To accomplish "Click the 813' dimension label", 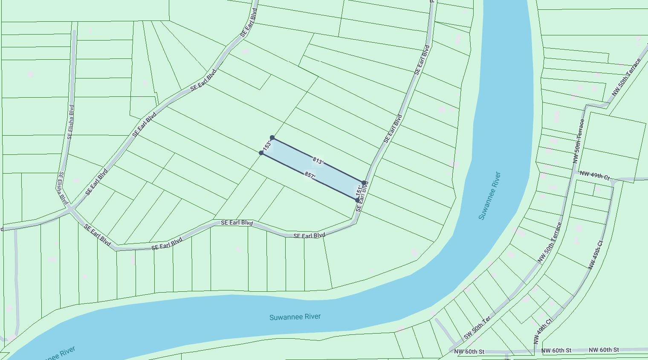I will pyautogui.click(x=318, y=161).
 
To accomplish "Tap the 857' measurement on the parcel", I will pyautogui.click(x=310, y=175).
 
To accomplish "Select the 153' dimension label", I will pyautogui.click(x=268, y=145).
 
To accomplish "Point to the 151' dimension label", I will pyautogui.click(x=359, y=190).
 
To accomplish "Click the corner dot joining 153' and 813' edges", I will pyautogui.click(x=272, y=138).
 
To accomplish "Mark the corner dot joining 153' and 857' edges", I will pyautogui.click(x=261, y=153).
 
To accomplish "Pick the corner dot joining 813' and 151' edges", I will pyautogui.click(x=364, y=183).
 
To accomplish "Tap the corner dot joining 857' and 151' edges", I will pyautogui.click(x=357, y=200).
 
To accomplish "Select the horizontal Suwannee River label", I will pyautogui.click(x=295, y=317).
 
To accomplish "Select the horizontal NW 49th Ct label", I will pyautogui.click(x=595, y=175).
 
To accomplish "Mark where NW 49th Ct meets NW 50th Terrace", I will pyautogui.click(x=574, y=172).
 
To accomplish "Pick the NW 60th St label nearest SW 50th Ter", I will pyautogui.click(x=469, y=352).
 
